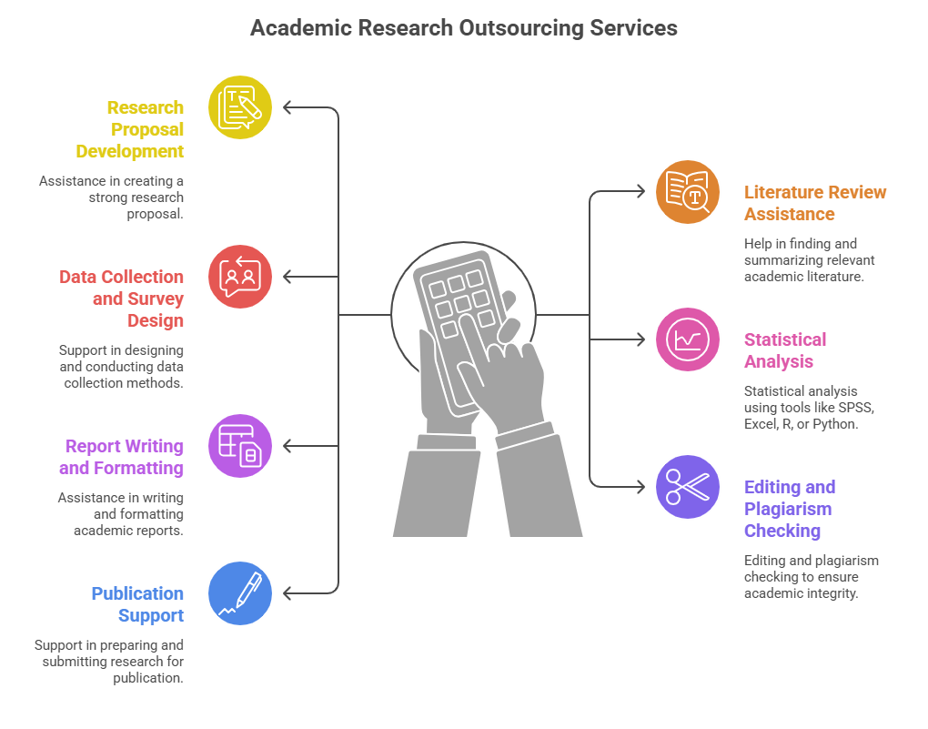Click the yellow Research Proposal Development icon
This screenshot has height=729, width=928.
coord(240,107)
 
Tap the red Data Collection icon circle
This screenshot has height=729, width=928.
coord(240,277)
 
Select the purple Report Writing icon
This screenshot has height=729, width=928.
coord(240,446)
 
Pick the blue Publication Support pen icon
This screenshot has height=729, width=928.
coord(240,593)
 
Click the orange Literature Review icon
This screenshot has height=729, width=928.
coord(688,192)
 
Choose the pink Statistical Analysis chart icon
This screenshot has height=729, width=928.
coord(688,339)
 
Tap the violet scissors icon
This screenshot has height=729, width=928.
coord(688,487)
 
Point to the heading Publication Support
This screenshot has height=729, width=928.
coord(137,604)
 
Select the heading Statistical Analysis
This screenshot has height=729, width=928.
coord(785,350)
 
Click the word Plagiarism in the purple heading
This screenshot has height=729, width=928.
coord(788,509)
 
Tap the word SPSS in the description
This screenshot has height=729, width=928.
coord(853,408)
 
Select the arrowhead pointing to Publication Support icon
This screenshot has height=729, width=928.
coord(287,593)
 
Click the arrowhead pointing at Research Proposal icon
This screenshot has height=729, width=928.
coord(287,107)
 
